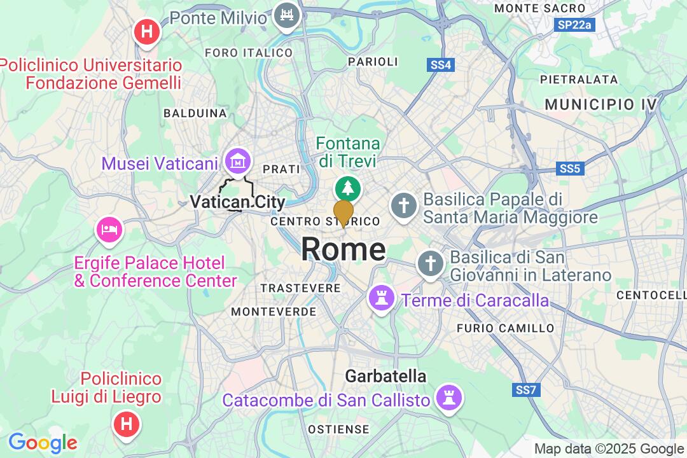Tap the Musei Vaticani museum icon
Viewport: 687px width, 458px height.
coord(238,162)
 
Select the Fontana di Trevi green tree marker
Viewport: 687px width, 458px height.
coord(348,188)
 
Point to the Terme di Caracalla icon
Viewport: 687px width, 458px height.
coord(381,297)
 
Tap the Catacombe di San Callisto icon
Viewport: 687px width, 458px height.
coord(449,398)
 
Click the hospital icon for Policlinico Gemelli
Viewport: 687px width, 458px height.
coord(146,30)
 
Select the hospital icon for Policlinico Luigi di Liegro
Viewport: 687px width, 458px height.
coord(126,422)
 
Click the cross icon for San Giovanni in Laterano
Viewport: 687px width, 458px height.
coord(430,263)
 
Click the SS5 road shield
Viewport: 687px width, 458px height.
coord(570,169)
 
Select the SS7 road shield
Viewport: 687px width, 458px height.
coord(525,388)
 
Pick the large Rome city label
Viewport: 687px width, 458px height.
coord(343,249)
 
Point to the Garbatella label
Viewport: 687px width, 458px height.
coord(385,376)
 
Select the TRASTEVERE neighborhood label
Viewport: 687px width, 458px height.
coord(301,288)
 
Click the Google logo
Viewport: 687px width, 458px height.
coord(42,443)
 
